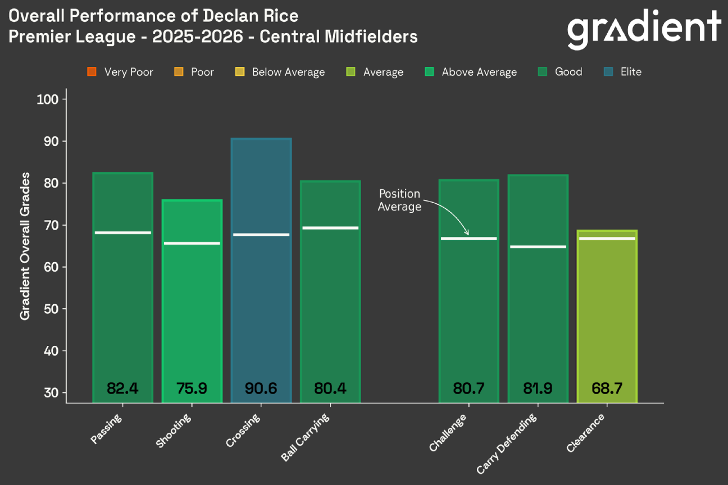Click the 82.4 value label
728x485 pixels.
pyautogui.click(x=122, y=388)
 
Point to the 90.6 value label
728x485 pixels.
pyautogui.click(x=261, y=388)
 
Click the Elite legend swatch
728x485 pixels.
pyautogui.click(x=608, y=72)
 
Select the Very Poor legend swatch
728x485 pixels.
pyautogui.click(x=92, y=72)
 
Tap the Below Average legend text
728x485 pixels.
pyautogui.click(x=288, y=72)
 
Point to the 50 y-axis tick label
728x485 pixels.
pyautogui.click(x=52, y=309)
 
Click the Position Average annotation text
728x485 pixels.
pyautogui.click(x=399, y=200)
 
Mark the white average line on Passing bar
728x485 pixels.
pyautogui.click(x=122, y=232)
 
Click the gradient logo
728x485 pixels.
pyautogui.click(x=644, y=29)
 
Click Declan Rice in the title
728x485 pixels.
pyautogui.click(x=252, y=15)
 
